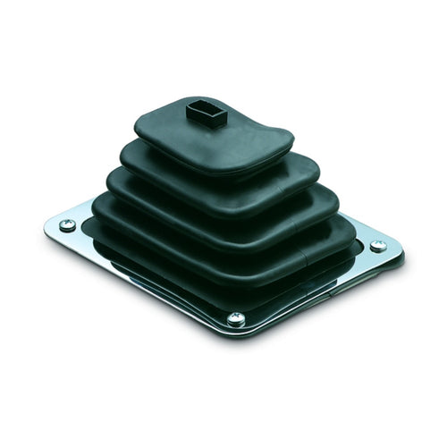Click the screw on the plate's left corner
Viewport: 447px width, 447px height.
pyautogui.click(x=68, y=226)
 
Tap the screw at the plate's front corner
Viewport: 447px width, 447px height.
pyautogui.click(x=235, y=317)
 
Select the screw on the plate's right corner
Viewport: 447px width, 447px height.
pyautogui.click(x=378, y=245)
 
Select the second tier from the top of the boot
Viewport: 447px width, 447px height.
pyautogui.click(x=223, y=179)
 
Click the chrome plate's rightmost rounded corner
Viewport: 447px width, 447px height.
pyautogui.click(x=398, y=255)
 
